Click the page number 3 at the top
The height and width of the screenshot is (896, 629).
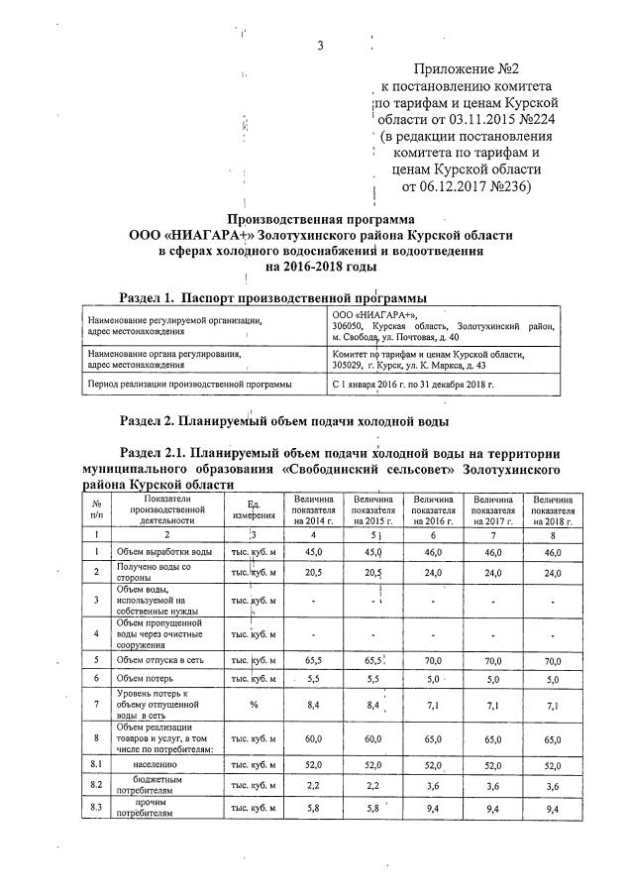pyautogui.click(x=320, y=46)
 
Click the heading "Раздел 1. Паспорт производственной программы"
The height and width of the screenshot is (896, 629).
pyautogui.click(x=273, y=296)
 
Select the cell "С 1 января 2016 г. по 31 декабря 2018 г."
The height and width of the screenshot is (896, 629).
pyautogui.click(x=413, y=383)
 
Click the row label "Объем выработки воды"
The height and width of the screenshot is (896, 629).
pyautogui.click(x=163, y=551)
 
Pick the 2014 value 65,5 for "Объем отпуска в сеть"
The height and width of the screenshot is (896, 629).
pyautogui.click(x=313, y=660)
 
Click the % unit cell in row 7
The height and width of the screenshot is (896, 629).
pyautogui.click(x=255, y=706)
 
